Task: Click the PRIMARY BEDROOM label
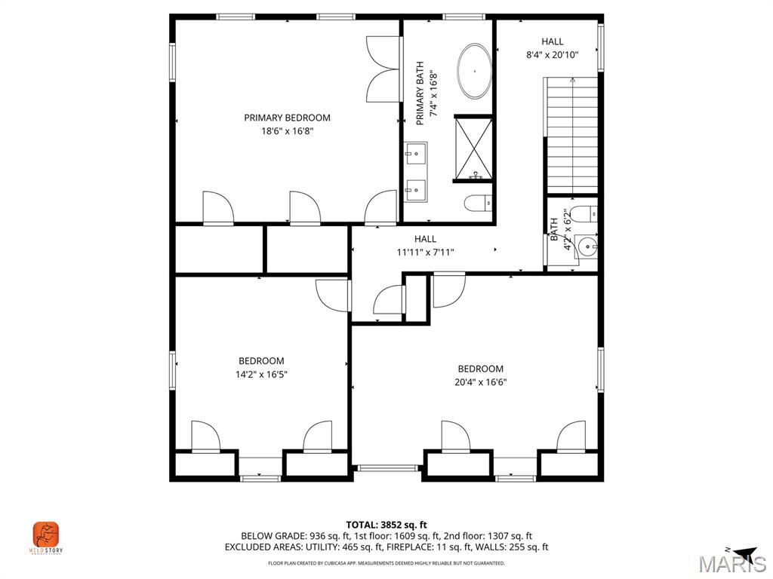pos(287,118)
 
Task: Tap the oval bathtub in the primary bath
pos(474,72)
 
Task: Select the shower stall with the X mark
pos(473,149)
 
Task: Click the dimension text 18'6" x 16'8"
pos(287,131)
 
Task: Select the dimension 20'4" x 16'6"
pos(481,382)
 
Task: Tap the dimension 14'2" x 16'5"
pos(261,374)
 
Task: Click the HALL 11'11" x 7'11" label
pos(425,246)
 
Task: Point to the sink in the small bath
pos(587,245)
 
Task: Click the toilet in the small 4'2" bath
pos(584,213)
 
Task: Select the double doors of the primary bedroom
pos(383,69)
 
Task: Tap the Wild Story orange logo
pos(46,535)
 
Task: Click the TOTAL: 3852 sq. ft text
pos(386,525)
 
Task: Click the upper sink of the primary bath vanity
pos(414,156)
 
